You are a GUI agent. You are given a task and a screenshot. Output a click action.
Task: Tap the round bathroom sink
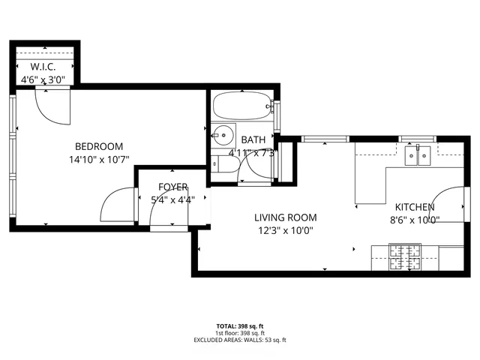coord(222,136)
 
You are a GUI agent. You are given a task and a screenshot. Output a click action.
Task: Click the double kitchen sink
coord(417,155)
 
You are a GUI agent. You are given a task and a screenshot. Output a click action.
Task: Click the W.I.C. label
coord(43,67)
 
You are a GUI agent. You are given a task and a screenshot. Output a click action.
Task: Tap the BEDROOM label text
coord(98,146)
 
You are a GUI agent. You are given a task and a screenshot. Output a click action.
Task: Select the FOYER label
coord(172,187)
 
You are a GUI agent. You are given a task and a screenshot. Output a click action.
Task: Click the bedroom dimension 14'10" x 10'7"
coord(98,159)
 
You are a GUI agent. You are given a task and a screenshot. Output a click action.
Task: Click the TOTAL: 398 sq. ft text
coord(239,326)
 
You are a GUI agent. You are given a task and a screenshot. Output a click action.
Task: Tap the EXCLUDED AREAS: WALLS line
coord(239,340)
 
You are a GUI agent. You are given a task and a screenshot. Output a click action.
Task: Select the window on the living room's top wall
coord(325,139)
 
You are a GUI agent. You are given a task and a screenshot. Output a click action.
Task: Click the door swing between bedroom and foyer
coord(116,204)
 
